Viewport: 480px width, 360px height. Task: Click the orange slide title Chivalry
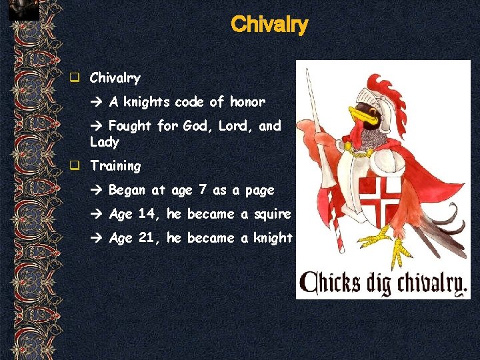[x=269, y=25]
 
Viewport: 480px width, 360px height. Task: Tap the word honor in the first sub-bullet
[x=247, y=102]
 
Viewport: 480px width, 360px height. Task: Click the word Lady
[x=105, y=142]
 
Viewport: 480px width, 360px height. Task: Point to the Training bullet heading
[x=115, y=166]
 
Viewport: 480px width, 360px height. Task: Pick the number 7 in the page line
[x=201, y=190]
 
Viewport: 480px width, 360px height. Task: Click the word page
[x=259, y=191]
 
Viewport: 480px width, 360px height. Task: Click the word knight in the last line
[x=273, y=238]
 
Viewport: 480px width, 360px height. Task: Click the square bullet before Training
[x=77, y=166]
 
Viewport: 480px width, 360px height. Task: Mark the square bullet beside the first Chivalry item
[x=77, y=78]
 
